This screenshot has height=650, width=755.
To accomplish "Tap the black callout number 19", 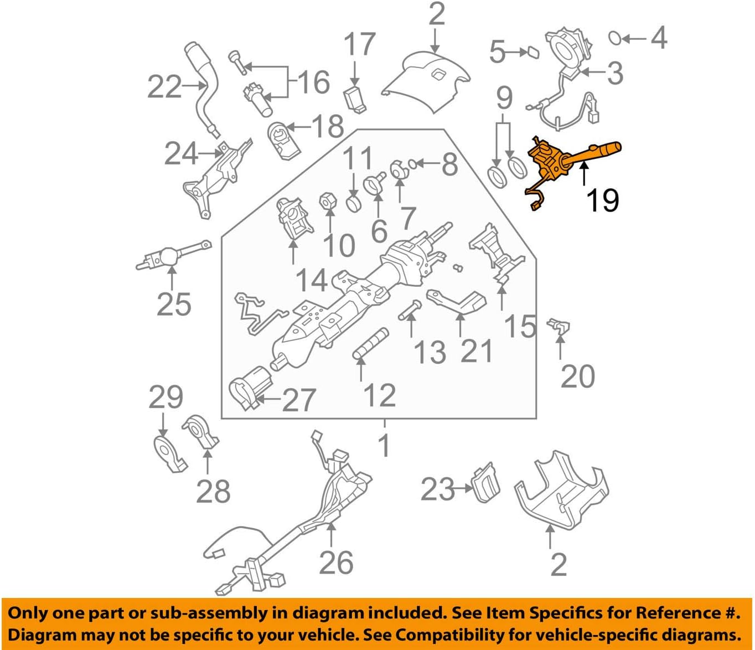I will coord(602,200).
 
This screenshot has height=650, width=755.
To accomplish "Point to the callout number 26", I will coord(336,563).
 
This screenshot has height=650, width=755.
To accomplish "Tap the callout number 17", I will coord(359,44).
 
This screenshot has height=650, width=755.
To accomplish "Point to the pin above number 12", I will coord(370,344).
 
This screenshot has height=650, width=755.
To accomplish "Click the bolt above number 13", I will coord(409,308).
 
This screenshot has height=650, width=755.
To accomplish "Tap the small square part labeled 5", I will coord(532,52).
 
